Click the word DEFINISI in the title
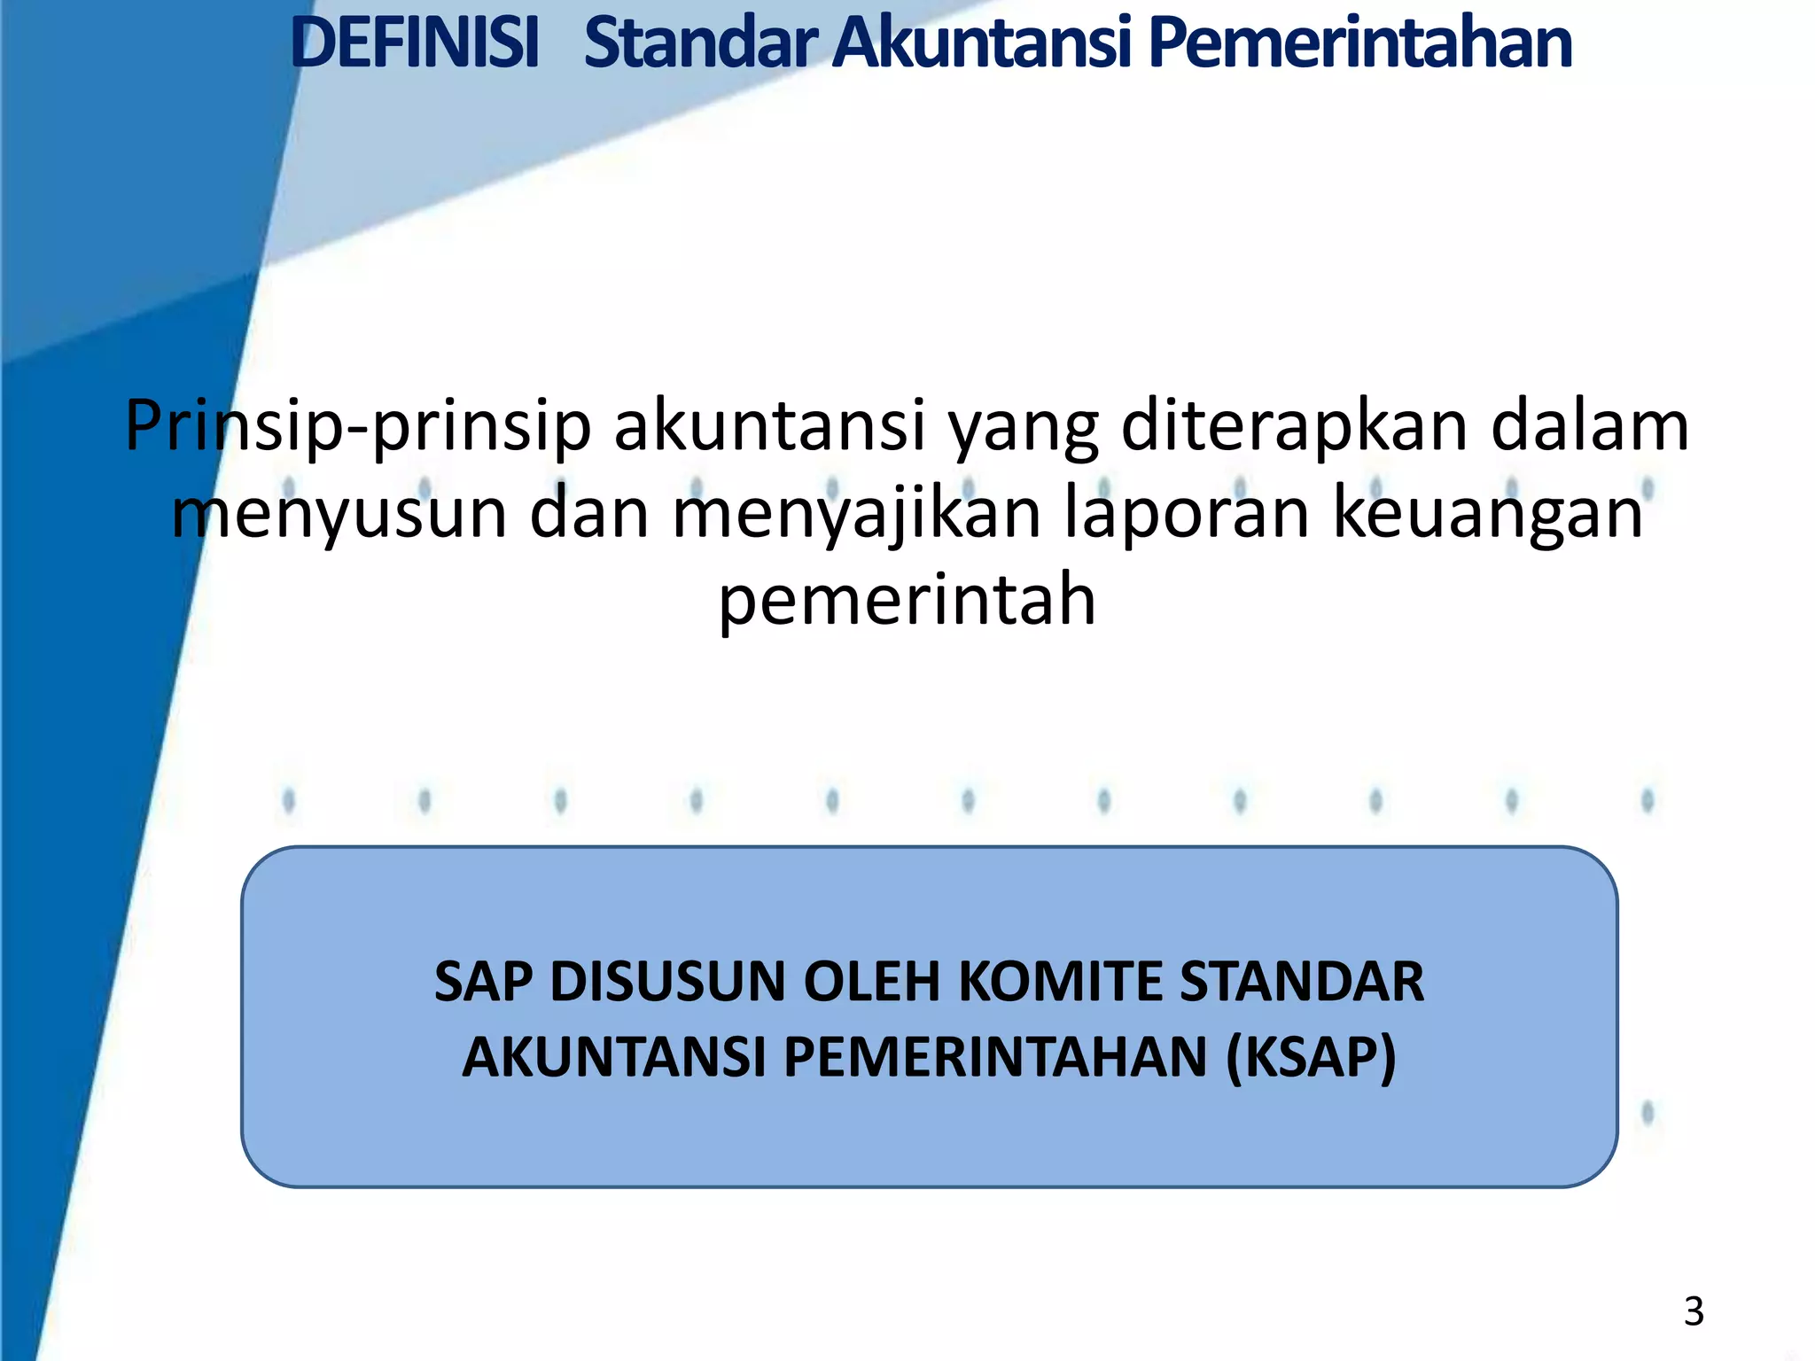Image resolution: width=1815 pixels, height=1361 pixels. (x=415, y=43)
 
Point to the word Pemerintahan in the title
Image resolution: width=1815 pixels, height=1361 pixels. (x=1359, y=43)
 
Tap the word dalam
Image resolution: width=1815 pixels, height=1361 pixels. (x=1590, y=427)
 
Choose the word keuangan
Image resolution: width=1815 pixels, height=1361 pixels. (x=1488, y=514)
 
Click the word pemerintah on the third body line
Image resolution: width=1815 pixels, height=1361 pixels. (x=907, y=601)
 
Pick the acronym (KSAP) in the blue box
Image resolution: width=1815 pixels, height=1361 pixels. (x=1312, y=1057)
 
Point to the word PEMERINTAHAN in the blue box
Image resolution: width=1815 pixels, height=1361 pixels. (x=995, y=1057)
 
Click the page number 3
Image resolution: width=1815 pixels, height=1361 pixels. (x=1694, y=1311)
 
